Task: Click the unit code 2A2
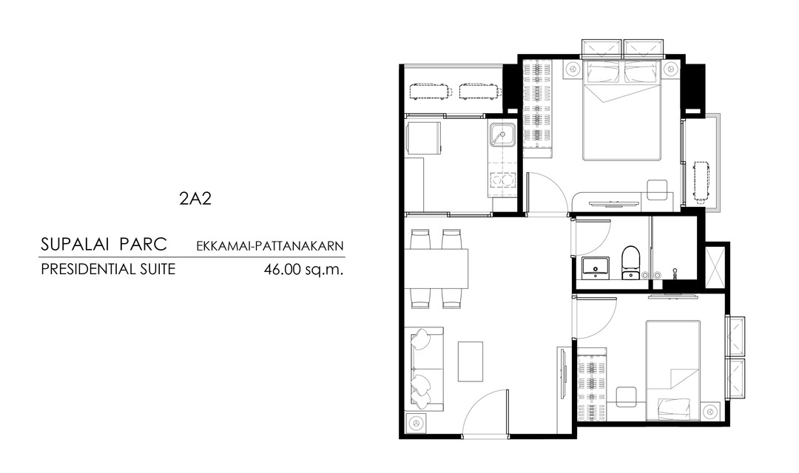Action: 195,198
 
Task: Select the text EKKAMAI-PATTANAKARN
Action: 270,246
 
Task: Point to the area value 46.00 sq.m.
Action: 304,269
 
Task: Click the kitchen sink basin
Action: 502,135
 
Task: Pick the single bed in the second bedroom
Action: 672,370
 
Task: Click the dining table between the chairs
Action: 436,269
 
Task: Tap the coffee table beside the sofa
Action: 471,361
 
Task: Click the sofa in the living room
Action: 424,369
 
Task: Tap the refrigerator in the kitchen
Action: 423,137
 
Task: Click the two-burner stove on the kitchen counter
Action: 502,181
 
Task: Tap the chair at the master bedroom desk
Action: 658,190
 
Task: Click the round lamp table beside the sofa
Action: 417,423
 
